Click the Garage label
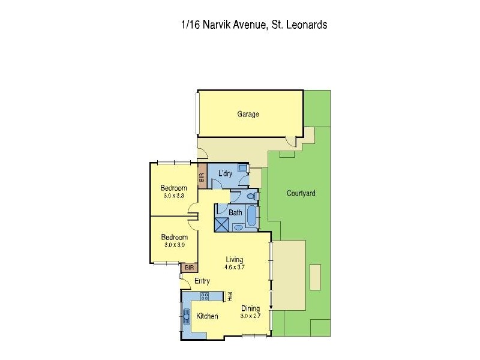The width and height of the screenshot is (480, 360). (x=248, y=114)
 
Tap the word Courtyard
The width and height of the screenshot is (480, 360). (x=301, y=193)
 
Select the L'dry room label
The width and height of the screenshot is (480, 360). (x=225, y=173)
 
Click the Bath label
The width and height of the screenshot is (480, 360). (x=235, y=212)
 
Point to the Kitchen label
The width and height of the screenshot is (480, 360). (x=207, y=316)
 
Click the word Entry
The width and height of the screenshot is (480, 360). (x=202, y=281)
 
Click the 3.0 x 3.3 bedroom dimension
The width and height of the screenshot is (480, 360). (x=173, y=196)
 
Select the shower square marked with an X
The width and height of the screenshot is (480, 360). (x=222, y=224)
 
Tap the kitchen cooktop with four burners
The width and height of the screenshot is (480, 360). (x=205, y=296)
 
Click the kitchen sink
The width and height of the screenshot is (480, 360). (x=187, y=316)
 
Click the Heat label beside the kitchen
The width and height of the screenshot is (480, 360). (x=229, y=296)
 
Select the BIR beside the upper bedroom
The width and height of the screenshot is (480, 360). (x=202, y=178)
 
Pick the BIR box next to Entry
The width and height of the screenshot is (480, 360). (x=189, y=268)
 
